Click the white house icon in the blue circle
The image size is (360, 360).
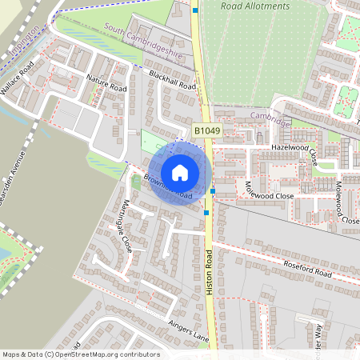coord(180,173)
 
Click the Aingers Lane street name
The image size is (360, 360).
coord(189,331)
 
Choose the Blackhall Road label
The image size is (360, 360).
coord(172,79)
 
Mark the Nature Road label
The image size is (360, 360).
coord(106,82)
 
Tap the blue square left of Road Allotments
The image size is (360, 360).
coord(196,10)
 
